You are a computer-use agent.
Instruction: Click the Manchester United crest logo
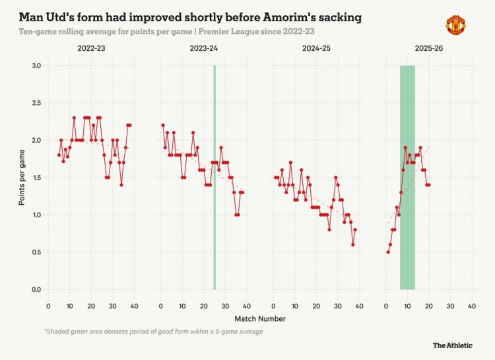455,25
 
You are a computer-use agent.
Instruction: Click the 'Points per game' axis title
22,178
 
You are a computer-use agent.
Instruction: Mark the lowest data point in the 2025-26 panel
388,252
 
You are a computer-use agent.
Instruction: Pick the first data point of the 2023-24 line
163,126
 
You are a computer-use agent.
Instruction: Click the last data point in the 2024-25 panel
355,230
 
